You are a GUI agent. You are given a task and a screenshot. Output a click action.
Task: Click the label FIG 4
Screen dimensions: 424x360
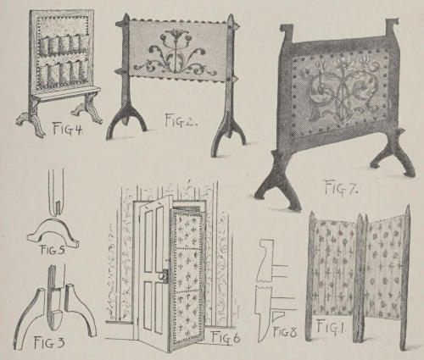67,129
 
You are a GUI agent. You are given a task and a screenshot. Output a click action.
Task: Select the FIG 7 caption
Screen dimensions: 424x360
341,188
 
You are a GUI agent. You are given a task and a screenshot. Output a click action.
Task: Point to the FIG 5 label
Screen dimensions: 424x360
53,250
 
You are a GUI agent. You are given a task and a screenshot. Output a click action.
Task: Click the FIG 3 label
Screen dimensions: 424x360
49,343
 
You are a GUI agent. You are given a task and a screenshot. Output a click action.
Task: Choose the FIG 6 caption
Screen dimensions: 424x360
226,338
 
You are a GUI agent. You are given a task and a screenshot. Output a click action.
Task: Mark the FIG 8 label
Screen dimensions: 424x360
285,332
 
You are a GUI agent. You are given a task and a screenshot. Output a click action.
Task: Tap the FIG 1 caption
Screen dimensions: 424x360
330,326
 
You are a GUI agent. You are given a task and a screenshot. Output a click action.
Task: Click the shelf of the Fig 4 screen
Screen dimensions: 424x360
65,93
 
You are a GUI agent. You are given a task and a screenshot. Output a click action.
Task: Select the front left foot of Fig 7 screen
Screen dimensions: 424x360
278,184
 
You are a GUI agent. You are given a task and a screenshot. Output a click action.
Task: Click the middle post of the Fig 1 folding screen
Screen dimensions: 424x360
360,278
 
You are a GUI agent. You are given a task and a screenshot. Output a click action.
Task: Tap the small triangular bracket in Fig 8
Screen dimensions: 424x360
276,315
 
